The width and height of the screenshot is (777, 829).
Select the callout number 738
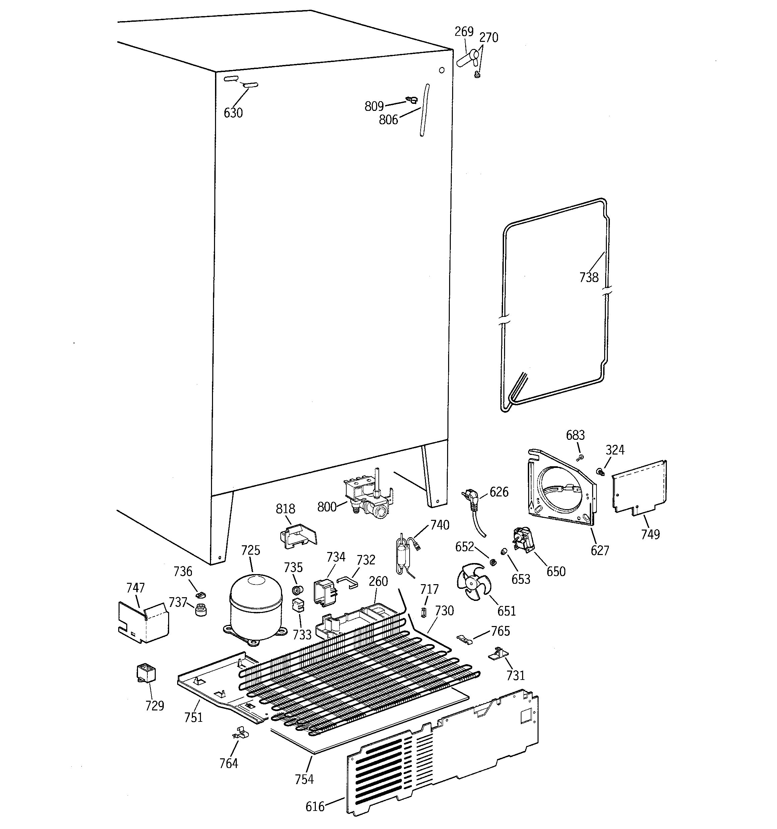588,277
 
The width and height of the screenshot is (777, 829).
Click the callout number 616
315,807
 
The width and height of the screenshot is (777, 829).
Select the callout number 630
233,113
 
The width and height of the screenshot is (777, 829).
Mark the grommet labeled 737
201,609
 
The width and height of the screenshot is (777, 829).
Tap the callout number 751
194,717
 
